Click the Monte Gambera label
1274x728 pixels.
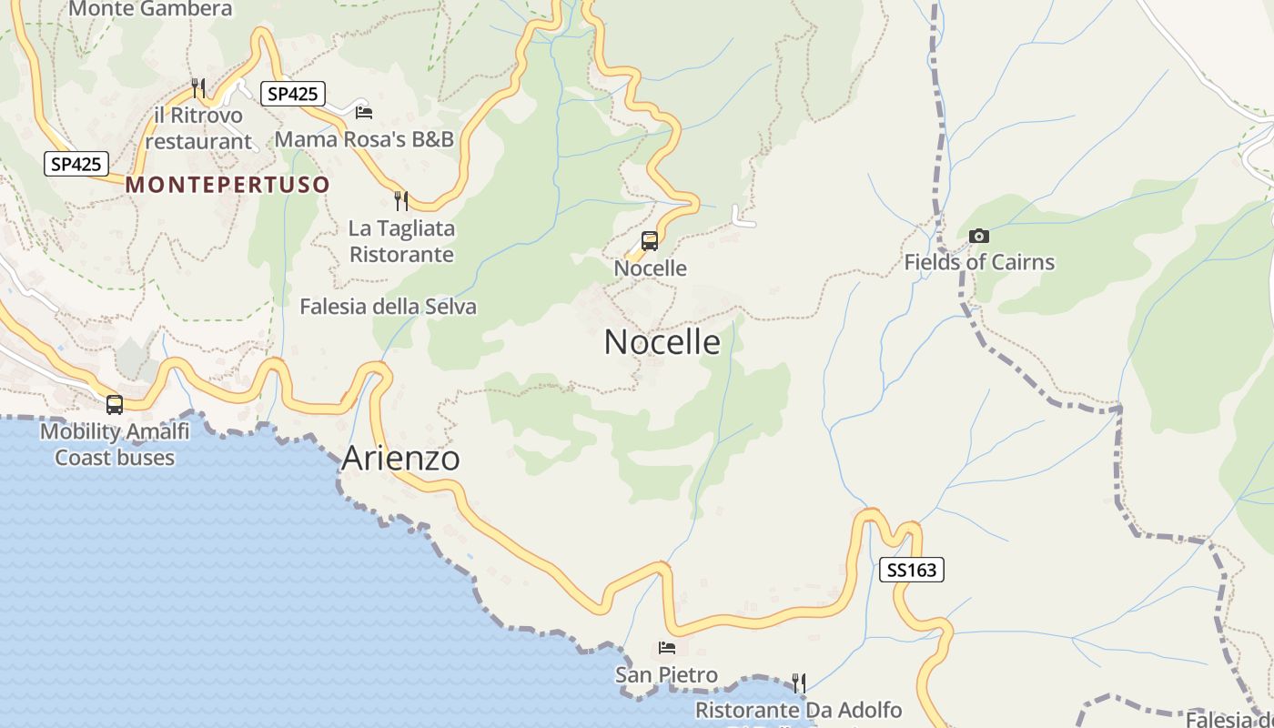click(150, 9)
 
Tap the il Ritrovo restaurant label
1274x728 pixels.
click(198, 128)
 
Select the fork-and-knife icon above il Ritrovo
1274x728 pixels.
click(198, 87)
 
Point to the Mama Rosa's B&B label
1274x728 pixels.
click(364, 139)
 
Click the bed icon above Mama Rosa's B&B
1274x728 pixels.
click(364, 112)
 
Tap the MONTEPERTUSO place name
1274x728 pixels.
click(227, 185)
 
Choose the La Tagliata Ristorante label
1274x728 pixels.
click(401, 241)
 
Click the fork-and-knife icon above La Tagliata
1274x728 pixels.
click(400, 199)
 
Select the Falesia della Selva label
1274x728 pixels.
click(389, 307)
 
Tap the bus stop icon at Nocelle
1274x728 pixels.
click(650, 241)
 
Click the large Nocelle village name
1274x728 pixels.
click(662, 342)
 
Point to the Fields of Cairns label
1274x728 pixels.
click(979, 263)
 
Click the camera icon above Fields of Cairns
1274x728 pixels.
click(979, 237)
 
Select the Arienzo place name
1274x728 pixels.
click(400, 459)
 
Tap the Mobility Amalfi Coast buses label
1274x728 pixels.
click(115, 444)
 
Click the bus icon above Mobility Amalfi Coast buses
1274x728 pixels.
click(115, 405)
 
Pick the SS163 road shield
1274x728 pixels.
click(912, 571)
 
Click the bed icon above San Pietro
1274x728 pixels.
click(667, 648)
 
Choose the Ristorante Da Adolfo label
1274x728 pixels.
click(799, 710)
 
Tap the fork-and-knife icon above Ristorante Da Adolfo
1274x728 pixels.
click(799, 682)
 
